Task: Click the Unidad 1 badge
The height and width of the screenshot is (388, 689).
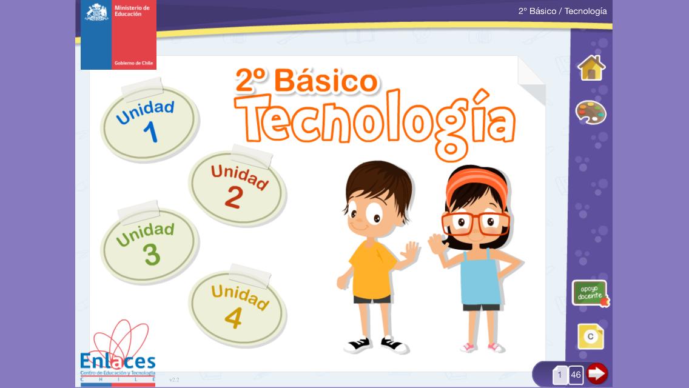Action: tap(149, 124)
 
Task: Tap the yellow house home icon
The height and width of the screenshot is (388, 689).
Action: tap(591, 68)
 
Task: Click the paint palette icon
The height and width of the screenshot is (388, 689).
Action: tap(591, 113)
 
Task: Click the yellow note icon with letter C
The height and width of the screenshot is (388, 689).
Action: tap(591, 336)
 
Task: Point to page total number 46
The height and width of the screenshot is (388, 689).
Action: tap(576, 375)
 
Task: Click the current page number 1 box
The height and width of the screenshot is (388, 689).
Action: tap(559, 375)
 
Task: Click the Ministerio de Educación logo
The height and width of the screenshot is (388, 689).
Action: tap(118, 35)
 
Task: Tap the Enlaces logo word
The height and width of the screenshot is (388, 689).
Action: tap(117, 361)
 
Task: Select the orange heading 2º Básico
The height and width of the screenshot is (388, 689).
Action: tap(307, 81)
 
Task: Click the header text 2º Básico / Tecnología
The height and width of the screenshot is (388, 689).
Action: tap(562, 11)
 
